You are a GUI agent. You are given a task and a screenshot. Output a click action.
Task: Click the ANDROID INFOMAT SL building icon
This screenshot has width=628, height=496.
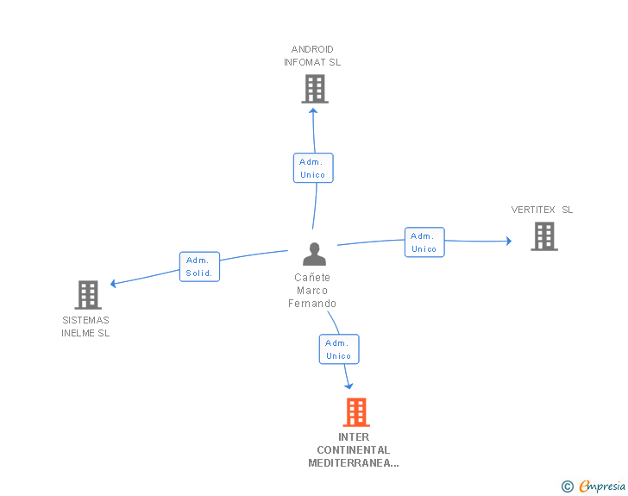tap(315, 89)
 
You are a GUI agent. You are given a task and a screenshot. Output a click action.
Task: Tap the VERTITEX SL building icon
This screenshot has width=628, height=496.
tap(544, 236)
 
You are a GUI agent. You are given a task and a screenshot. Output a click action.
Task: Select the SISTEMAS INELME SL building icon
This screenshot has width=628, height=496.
tap(88, 295)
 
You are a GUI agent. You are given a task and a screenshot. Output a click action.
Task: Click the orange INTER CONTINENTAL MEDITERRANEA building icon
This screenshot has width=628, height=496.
tap(356, 412)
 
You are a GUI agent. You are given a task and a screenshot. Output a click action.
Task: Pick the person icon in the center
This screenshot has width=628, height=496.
tap(314, 254)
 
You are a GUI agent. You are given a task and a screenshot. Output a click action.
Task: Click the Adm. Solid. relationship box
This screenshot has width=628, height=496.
tap(199, 267)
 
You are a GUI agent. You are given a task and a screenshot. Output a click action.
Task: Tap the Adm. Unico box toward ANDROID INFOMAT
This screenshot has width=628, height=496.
tap(313, 168)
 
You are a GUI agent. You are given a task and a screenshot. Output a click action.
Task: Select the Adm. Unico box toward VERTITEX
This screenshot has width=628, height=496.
tap(424, 242)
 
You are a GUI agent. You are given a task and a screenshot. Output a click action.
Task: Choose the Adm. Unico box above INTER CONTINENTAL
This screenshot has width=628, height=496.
tap(339, 349)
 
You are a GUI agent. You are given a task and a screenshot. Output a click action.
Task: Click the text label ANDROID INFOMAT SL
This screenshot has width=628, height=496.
tap(312, 56)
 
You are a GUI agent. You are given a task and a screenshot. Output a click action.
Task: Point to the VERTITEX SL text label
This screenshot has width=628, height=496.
tap(542, 210)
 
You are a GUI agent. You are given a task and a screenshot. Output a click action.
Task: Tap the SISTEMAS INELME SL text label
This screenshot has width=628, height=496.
tap(85, 327)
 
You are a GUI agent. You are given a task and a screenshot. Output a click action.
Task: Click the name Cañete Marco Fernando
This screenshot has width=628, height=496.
tap(312, 291)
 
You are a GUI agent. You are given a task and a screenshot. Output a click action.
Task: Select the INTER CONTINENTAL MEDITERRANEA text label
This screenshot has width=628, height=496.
tap(354, 450)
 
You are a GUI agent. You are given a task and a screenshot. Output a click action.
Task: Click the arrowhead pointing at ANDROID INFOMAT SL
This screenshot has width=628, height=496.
tap(313, 111)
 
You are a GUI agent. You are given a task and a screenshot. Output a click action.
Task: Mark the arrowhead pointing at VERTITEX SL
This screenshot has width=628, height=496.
tap(509, 241)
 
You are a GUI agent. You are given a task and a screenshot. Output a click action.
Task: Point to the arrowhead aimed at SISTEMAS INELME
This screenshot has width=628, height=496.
tap(113, 284)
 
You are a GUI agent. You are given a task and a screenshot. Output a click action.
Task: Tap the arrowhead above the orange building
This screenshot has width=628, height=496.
tap(349, 386)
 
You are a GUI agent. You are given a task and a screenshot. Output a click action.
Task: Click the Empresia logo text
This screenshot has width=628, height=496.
tap(602, 486)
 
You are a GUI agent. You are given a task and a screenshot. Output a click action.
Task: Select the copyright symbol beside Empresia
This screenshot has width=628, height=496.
tap(567, 487)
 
